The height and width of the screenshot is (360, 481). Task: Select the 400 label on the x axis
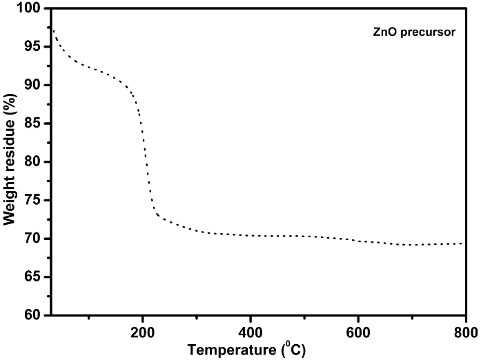tap(251, 329)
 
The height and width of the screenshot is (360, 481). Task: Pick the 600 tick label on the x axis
tap(358, 329)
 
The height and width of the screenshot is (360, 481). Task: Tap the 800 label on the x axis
tap(466, 329)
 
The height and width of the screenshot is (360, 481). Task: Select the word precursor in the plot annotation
tap(419, 32)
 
